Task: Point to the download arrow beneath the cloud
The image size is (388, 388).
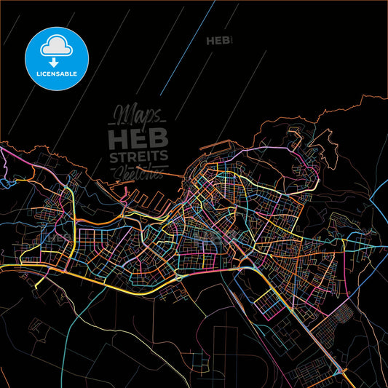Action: tap(54, 61)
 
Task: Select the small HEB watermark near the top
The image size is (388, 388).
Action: tap(218, 41)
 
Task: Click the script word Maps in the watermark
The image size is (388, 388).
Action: tap(138, 115)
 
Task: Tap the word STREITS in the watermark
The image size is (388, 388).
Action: tap(138, 157)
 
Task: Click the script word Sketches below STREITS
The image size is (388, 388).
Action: tap(138, 172)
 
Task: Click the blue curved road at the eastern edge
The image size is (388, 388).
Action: tap(379, 204)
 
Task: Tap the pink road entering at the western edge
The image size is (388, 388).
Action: tap(11, 153)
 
